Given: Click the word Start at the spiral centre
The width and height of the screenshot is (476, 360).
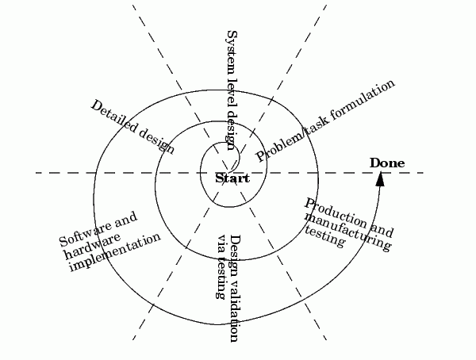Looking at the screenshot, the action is tap(232, 178).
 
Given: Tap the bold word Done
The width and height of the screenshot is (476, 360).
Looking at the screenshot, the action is tap(387, 163).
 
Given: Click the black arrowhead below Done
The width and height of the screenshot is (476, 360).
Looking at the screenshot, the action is tap(380, 179).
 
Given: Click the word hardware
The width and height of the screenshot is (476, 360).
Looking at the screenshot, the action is tap(93, 246).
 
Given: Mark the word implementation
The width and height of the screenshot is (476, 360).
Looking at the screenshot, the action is tap(115, 252).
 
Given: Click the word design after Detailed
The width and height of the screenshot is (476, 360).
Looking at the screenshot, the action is tap(157, 140).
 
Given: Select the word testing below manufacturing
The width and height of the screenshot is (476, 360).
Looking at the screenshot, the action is tap(324, 237).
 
